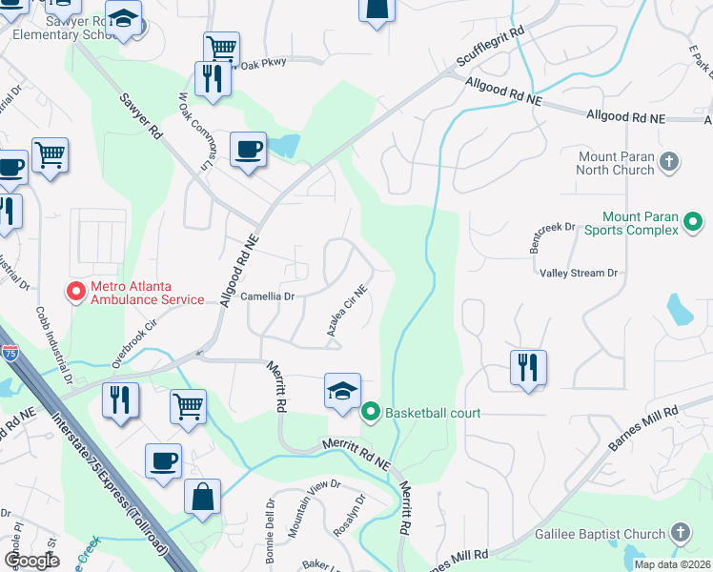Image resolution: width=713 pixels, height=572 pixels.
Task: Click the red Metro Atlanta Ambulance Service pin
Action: tap(73, 292)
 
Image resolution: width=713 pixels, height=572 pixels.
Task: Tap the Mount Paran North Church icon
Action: tap(669, 162)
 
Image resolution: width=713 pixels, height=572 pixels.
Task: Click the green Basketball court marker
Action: tap(371, 413)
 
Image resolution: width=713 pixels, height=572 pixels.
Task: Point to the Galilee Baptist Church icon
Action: tap(680, 533)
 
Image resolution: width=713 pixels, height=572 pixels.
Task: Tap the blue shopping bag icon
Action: tap(202, 498)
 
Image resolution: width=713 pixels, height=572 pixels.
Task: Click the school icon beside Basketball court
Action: tap(342, 392)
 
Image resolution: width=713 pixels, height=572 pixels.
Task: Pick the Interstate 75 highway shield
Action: tap(8, 352)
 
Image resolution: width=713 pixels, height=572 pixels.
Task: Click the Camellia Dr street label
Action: tap(267, 296)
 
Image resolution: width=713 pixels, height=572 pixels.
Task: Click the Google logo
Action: tap(31, 561)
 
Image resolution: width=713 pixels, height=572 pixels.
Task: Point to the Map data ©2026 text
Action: tap(671, 564)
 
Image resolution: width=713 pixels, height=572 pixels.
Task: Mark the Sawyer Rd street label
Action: tap(140, 114)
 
